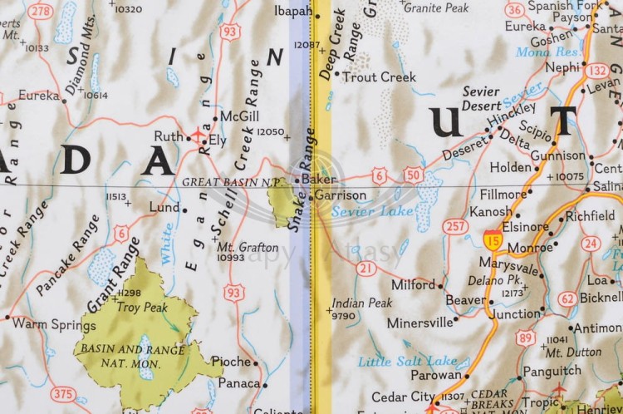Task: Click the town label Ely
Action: point(218,140)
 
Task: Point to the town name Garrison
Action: point(341,195)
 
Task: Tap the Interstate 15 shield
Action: point(493,239)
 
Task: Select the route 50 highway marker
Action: point(413,174)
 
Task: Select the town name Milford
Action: point(414,284)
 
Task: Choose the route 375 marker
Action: point(62,394)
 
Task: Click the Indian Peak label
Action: point(361,303)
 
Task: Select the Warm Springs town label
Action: point(42,323)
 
